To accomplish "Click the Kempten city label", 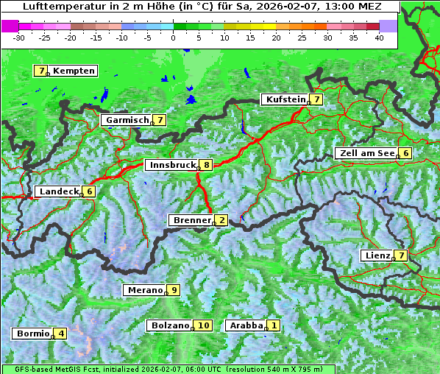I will coord(74,71).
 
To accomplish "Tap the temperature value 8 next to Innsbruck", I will coord(207,165).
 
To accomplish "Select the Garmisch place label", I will coord(127,119).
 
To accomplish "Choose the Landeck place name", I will coord(59,191).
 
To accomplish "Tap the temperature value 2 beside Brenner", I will coord(221,220).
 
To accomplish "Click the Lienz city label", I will coord(377,255).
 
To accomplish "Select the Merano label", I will coord(144,290).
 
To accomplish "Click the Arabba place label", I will coord(246,325).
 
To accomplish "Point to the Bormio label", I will coord(32,334).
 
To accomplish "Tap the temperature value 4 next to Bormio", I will coord(61,334).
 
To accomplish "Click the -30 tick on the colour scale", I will coord(19,38).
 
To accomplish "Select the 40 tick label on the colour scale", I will coord(379,38).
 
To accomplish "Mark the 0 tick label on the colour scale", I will coord(173,38).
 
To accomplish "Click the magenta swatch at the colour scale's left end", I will coord(10,25).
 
